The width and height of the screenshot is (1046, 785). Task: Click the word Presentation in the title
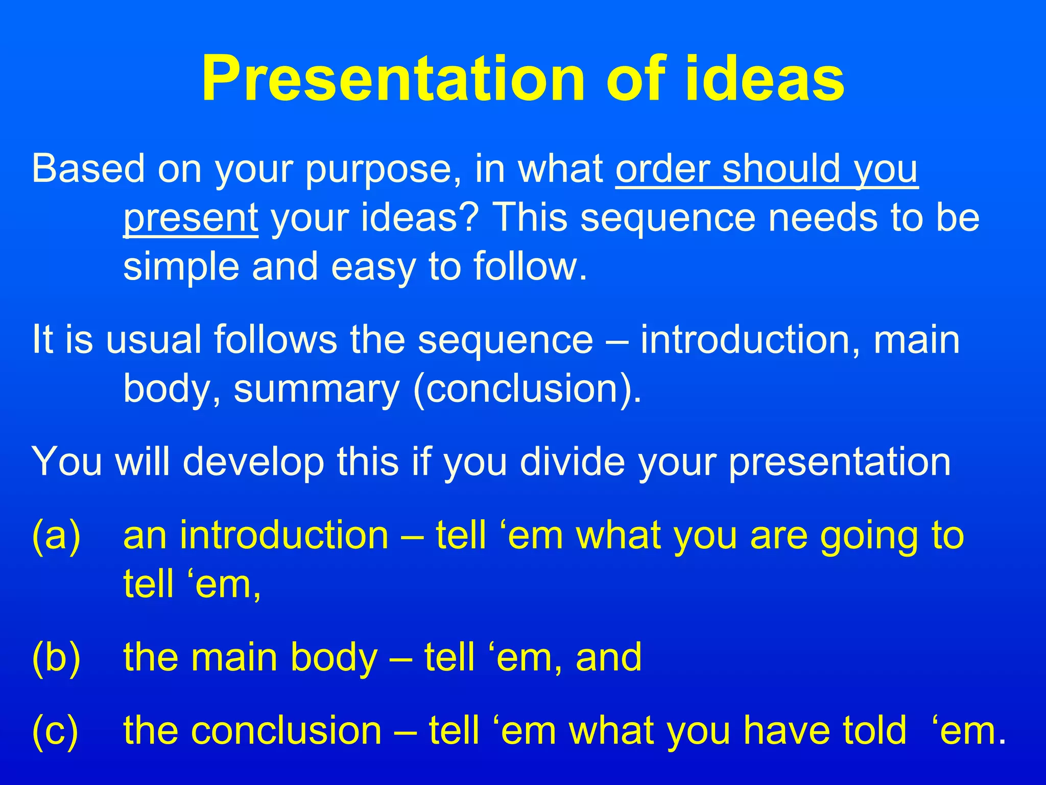[392, 79]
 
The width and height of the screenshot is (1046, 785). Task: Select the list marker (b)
[56, 658]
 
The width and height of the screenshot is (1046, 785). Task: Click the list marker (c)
[55, 731]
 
